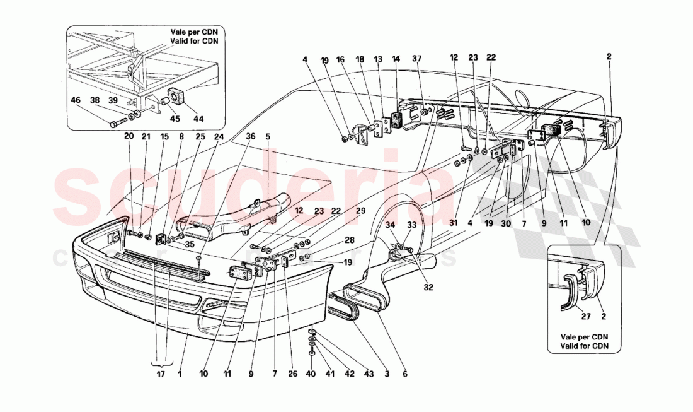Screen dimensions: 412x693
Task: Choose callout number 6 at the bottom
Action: point(404,374)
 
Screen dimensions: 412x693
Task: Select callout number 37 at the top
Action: point(435,59)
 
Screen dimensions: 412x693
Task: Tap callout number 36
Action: point(251,136)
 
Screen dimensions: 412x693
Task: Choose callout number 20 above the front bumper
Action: point(129,136)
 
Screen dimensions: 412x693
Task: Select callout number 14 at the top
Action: point(396,59)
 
